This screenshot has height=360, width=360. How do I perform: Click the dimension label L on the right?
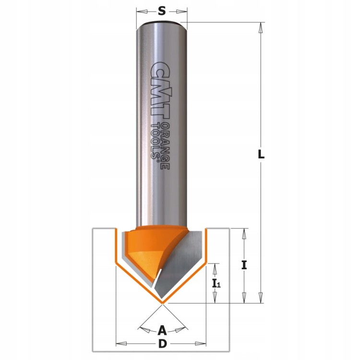tap(261, 155)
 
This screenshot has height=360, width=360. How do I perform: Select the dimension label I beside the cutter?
tap(244, 264)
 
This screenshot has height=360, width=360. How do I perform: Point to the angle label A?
tap(162, 330)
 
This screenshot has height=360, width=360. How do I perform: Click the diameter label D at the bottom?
tap(162, 344)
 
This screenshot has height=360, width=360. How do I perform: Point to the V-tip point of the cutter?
tap(162, 303)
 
